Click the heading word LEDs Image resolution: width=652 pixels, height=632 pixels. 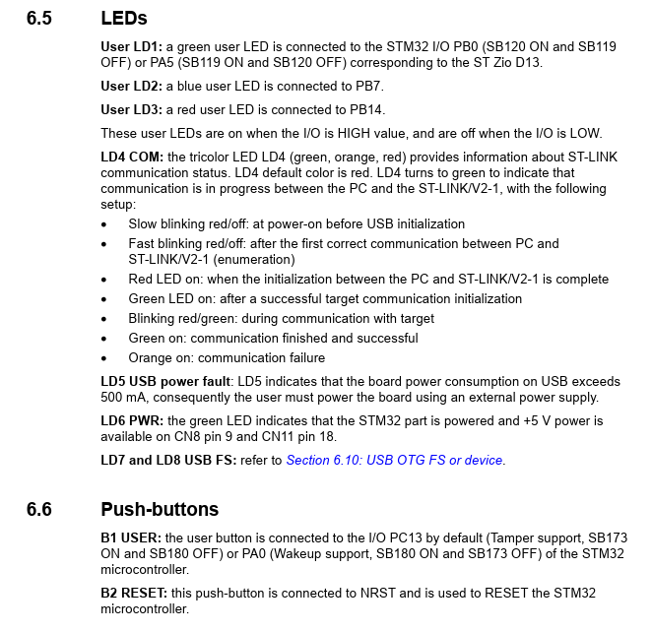[124, 18]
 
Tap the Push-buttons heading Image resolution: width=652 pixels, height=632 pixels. [160, 509]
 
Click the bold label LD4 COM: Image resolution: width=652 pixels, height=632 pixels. [132, 158]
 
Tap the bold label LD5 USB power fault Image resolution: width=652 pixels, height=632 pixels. [165, 382]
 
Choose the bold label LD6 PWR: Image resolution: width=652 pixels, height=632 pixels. [133, 421]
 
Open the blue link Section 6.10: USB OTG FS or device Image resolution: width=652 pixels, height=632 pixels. [394, 460]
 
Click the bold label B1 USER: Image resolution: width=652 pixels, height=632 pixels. [132, 537]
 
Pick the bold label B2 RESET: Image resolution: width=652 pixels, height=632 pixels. [135, 593]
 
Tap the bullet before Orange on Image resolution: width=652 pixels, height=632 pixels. [105, 358]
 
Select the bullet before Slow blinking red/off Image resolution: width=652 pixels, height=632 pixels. [105, 224]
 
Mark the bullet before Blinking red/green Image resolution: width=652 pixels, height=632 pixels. [105, 319]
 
